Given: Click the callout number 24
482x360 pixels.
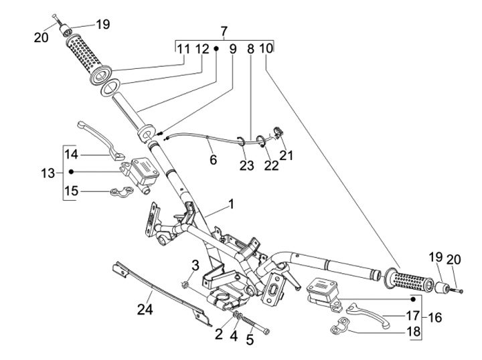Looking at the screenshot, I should (x=145, y=310).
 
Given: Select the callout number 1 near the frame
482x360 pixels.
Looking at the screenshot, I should (x=231, y=203).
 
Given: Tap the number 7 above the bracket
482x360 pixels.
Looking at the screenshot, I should (x=224, y=31).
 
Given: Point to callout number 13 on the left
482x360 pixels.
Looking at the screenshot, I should (x=48, y=173).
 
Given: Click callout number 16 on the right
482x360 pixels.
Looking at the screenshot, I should (x=434, y=317).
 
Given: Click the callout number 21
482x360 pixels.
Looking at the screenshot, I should (x=287, y=155).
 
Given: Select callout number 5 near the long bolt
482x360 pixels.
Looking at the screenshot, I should (x=250, y=339).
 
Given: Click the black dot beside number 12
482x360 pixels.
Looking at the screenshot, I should (x=216, y=49).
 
